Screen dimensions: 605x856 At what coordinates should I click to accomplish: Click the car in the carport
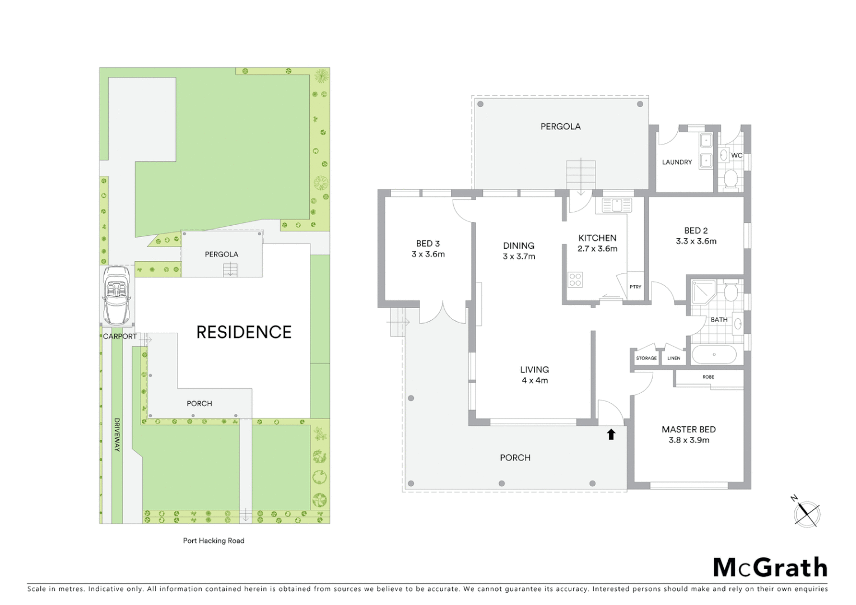[x=117, y=295]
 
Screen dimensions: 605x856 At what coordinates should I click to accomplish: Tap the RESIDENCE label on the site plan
[x=244, y=332]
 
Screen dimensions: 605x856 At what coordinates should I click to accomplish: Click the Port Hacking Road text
[x=213, y=541]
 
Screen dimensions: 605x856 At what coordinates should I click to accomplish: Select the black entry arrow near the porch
[x=611, y=434]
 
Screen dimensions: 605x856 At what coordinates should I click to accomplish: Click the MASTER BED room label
[x=688, y=430]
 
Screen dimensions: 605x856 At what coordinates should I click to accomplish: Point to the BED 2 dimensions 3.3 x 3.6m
[x=696, y=241]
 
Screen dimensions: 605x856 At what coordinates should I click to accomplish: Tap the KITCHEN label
[x=597, y=238]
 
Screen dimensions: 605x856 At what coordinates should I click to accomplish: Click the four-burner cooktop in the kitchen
[x=575, y=279]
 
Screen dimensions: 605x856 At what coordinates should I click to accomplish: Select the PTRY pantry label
[x=635, y=287]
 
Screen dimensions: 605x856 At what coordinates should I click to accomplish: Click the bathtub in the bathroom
[x=714, y=355]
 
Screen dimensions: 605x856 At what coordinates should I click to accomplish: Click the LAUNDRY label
[x=677, y=162]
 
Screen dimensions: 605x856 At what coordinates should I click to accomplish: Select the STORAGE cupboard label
[x=646, y=358]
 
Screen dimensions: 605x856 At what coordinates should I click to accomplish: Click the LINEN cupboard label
[x=674, y=358]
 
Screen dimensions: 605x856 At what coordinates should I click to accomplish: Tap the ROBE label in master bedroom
[x=708, y=377]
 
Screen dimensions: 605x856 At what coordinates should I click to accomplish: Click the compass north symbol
[x=806, y=513]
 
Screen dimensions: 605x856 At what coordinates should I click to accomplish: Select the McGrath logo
[x=770, y=567]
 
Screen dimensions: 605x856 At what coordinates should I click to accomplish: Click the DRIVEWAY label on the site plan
[x=117, y=435]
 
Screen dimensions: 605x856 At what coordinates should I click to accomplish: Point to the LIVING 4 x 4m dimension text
[x=534, y=380]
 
